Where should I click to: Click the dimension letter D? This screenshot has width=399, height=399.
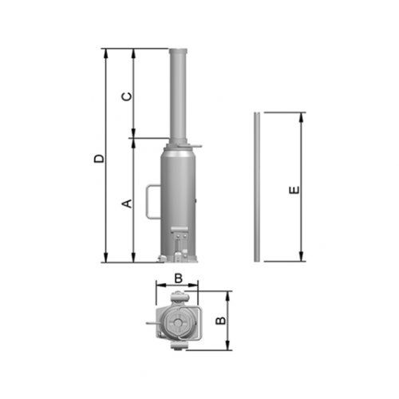100,158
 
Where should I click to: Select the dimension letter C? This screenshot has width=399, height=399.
127,97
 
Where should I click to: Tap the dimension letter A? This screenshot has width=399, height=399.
127,203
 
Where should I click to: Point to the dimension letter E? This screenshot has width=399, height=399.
294,190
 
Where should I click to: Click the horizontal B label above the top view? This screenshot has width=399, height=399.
178,279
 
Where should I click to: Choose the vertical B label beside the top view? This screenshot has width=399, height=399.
220,320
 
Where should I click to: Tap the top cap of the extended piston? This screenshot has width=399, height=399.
178,51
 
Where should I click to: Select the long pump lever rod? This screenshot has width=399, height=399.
257,187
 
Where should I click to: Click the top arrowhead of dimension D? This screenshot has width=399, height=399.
106,53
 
